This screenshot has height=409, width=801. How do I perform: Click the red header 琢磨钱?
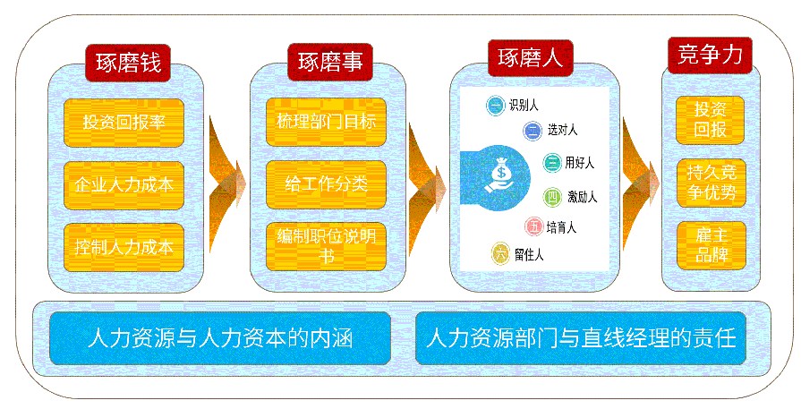tap(128, 63)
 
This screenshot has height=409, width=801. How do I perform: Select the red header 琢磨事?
tap(330, 63)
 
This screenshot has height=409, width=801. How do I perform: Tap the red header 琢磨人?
tap(530, 58)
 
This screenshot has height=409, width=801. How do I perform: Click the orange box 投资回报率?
tap(124, 123)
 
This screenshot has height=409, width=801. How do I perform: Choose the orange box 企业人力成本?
tap(124, 185)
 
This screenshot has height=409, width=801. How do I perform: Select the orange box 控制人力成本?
tap(124, 247)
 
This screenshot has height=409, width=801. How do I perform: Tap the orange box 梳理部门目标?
tap(326, 122)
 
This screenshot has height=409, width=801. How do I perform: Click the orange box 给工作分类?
tap(326, 184)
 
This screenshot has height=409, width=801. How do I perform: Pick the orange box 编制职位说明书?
tap(326, 246)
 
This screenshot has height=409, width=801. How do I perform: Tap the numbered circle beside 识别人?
tap(495, 106)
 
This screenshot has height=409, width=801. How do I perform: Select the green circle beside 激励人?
tap(552, 197)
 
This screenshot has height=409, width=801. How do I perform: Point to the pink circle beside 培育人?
tap(533, 226)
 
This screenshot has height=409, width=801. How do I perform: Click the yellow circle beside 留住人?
tap(500, 254)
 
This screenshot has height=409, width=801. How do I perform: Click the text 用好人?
tap(580, 163)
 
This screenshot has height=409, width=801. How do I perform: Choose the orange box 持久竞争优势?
tap(712, 183)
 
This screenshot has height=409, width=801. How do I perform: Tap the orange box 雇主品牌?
tap(712, 245)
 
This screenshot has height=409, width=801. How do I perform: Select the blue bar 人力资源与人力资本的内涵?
tap(220, 338)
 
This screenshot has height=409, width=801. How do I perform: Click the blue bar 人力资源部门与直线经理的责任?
tap(581, 338)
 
